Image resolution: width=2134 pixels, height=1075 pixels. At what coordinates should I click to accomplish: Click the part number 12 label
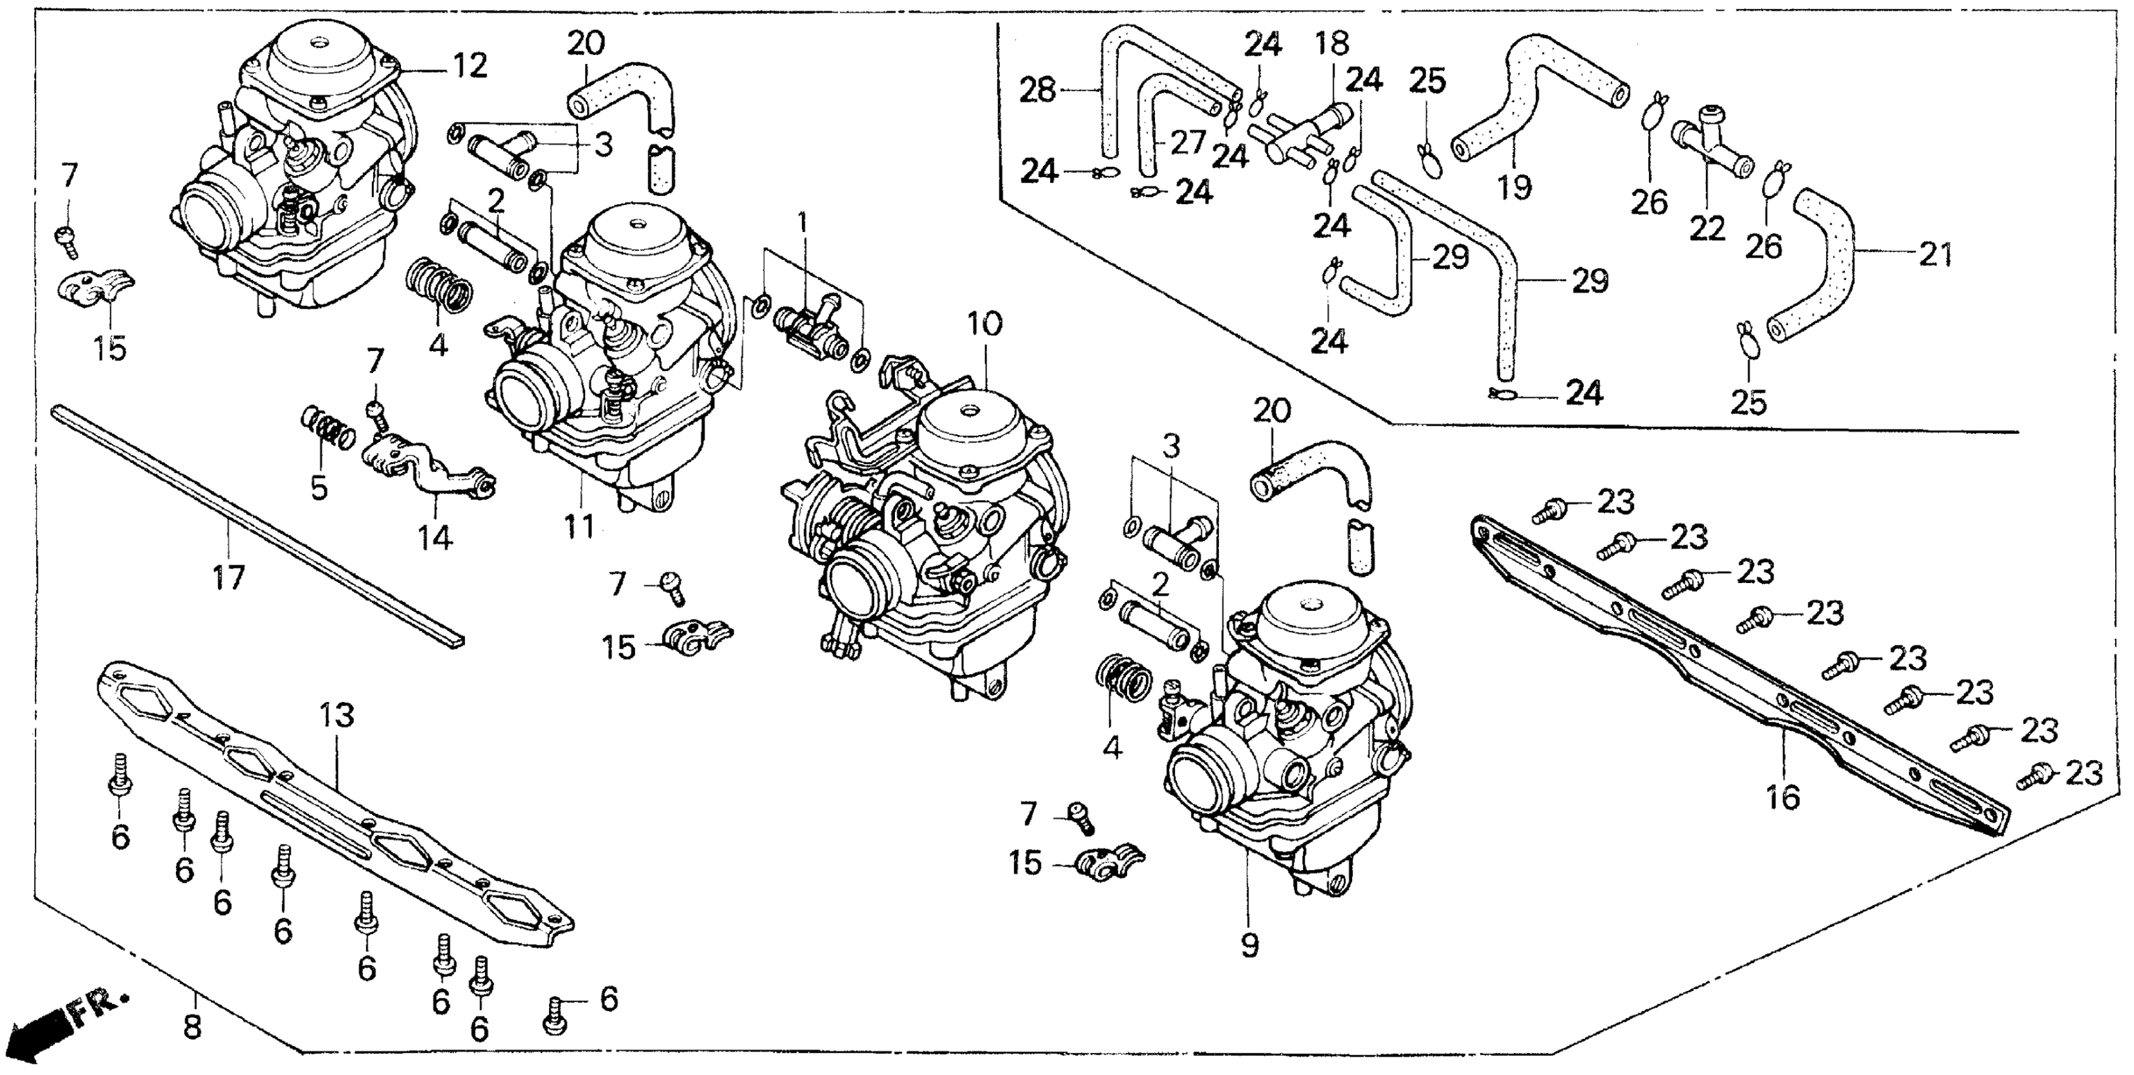tap(470, 65)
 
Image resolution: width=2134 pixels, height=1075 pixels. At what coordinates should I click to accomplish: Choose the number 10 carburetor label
tap(984, 324)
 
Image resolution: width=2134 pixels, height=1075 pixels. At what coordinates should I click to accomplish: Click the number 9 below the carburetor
tap(1249, 944)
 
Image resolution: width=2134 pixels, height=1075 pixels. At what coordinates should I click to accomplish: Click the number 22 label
tap(1706, 228)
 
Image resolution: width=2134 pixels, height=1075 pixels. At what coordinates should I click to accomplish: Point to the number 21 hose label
tap(1936, 254)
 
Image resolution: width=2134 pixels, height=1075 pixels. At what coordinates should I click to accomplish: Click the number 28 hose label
tap(1037, 89)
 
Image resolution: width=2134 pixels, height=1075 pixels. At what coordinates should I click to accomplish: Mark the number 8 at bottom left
tap(192, 1027)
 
